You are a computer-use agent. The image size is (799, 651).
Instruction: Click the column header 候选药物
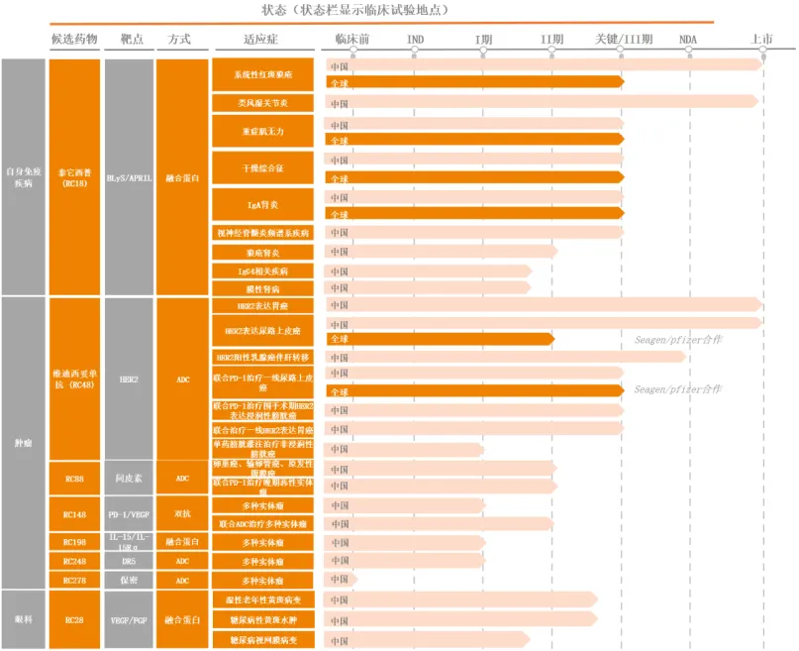tap(74, 39)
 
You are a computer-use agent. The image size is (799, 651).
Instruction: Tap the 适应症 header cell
tap(262, 39)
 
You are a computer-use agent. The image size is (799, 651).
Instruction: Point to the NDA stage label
tap(687, 39)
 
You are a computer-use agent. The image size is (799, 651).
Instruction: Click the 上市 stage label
tap(762, 39)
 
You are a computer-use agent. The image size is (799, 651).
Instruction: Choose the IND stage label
tap(416, 39)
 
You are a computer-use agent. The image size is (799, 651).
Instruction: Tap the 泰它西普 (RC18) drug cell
tap(74, 176)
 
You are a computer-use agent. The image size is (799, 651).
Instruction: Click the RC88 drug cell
tap(74, 479)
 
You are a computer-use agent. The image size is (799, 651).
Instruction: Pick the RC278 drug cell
tap(74, 580)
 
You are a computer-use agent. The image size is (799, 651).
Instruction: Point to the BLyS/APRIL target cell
tap(128, 177)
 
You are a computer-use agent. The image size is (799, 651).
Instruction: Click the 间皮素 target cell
tap(128, 479)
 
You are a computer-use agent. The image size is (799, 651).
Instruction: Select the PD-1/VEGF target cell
tap(128, 514)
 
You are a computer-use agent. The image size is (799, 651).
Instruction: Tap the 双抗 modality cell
tap(182, 514)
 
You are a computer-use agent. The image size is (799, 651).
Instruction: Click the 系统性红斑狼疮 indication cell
tap(262, 74)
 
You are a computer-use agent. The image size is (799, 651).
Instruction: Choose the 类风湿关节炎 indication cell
tap(262, 103)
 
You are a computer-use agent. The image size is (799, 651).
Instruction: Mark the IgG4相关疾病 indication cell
tap(262, 271)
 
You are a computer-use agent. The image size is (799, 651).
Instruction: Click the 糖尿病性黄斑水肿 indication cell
tap(262, 618)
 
